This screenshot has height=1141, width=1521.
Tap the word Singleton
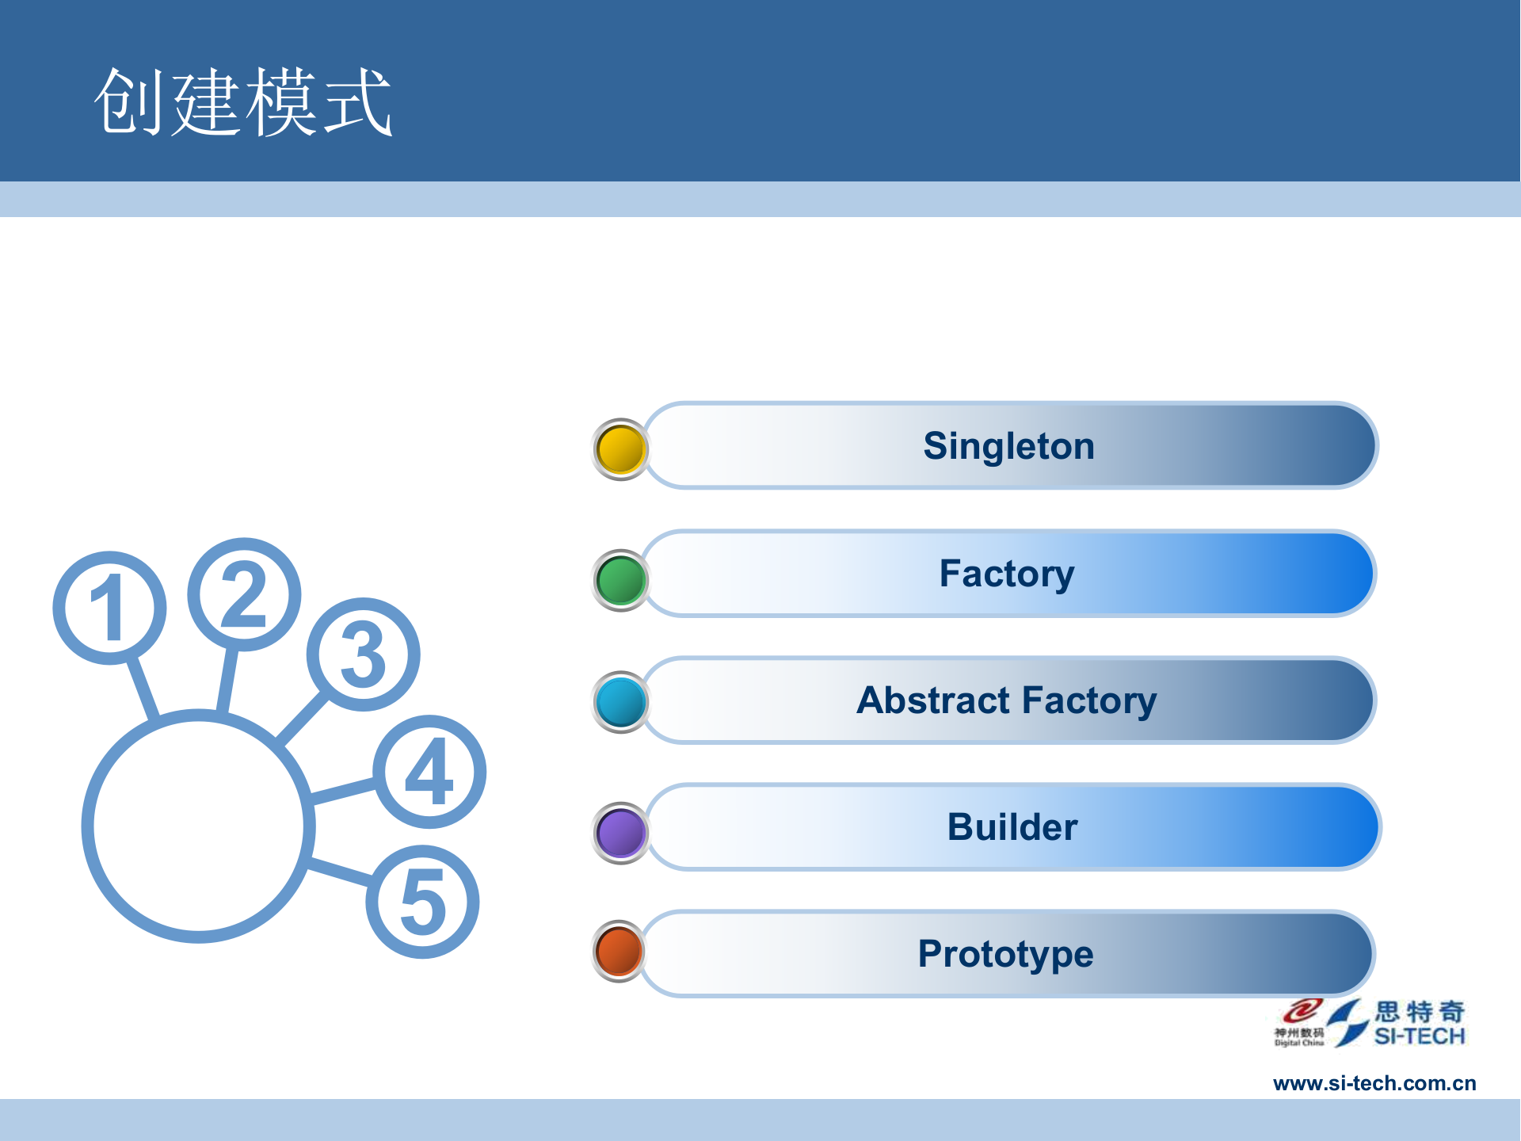coord(1008,446)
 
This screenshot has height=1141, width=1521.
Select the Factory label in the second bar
coord(1007,574)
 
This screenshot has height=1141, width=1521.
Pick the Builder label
coord(1012,827)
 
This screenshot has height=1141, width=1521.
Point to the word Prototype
coord(1005,954)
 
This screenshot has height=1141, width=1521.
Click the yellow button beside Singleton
coord(621,449)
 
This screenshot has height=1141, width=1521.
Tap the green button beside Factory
coord(621,580)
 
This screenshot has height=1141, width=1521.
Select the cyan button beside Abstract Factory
coord(621,702)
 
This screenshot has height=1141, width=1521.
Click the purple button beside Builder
coord(621,833)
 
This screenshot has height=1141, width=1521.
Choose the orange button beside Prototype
coord(619,951)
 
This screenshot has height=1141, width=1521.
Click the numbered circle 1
coord(109,608)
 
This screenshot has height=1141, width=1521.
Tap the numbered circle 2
coord(244,594)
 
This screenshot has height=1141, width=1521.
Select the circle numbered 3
coord(363,654)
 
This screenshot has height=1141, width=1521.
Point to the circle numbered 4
coord(429,772)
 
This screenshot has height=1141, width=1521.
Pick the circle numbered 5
coord(422,902)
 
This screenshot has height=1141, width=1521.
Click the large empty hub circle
coord(198,826)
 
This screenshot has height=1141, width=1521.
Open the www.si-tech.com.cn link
coord(1374,1083)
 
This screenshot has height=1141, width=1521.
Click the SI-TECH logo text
coord(1419,1036)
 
